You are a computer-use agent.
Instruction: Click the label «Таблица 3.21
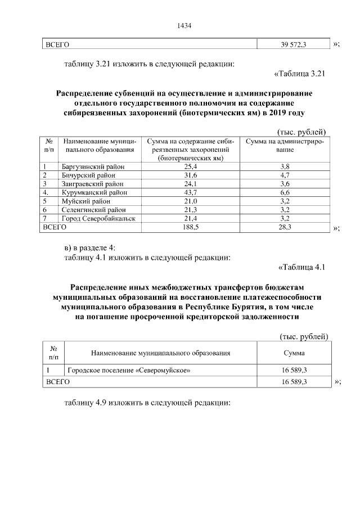tap(300, 73)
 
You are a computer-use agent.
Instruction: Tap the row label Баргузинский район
tap(93, 166)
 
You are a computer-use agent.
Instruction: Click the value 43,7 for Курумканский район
tap(191, 192)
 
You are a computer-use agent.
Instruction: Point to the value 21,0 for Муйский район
tap(191, 201)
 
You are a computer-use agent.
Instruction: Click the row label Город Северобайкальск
tap(99, 218)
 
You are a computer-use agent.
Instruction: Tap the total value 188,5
tap(191, 227)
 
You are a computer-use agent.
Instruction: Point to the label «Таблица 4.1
tap(302, 267)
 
